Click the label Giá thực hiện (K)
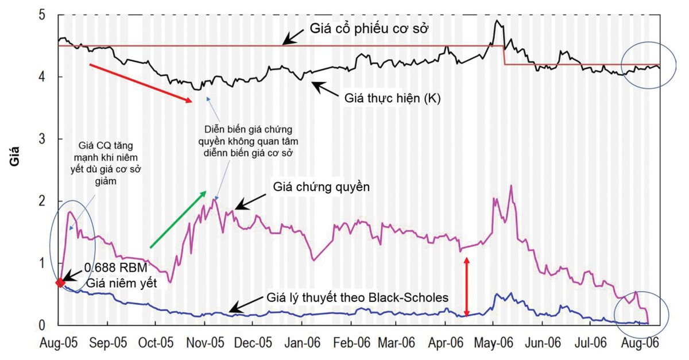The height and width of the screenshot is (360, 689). pos(393,99)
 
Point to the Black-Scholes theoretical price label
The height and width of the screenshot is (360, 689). pos(362,298)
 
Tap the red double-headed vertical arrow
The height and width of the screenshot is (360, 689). pos(467,287)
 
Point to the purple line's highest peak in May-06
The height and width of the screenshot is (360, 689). pos(510,185)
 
